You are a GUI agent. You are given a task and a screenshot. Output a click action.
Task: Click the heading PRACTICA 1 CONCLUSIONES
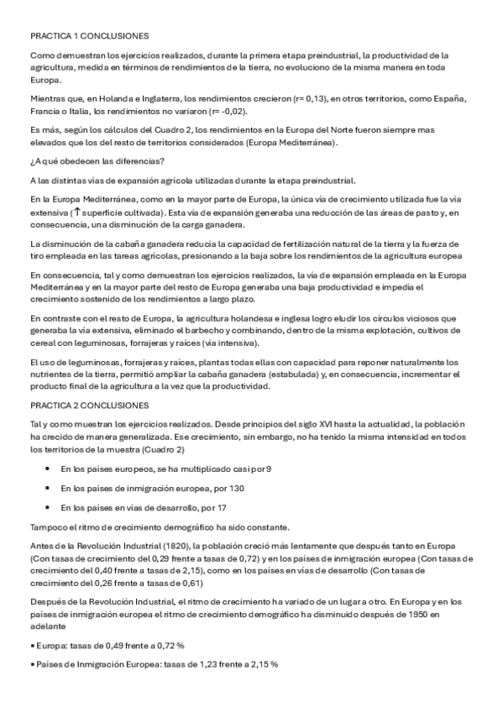pos(89,37)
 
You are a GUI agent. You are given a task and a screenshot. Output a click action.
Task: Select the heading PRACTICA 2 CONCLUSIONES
pos(89,405)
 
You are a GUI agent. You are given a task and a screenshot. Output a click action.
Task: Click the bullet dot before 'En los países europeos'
pos(47,469)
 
